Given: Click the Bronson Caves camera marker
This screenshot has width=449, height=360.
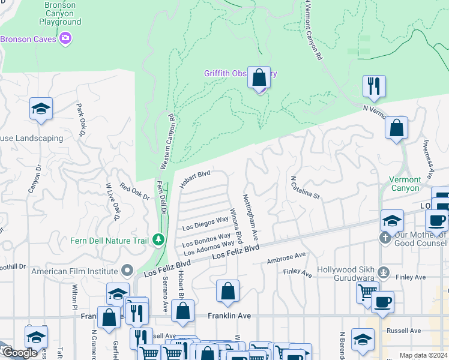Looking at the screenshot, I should click(x=65, y=39).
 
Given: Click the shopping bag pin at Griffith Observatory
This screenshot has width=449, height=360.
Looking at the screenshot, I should click(x=259, y=78).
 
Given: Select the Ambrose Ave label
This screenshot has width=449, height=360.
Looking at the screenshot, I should click(x=286, y=259).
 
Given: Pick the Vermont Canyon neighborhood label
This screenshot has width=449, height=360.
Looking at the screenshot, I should click(x=405, y=184).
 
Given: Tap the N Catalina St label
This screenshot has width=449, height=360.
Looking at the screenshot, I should click(x=306, y=188).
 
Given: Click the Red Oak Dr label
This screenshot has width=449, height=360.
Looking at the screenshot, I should click(x=134, y=191).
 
